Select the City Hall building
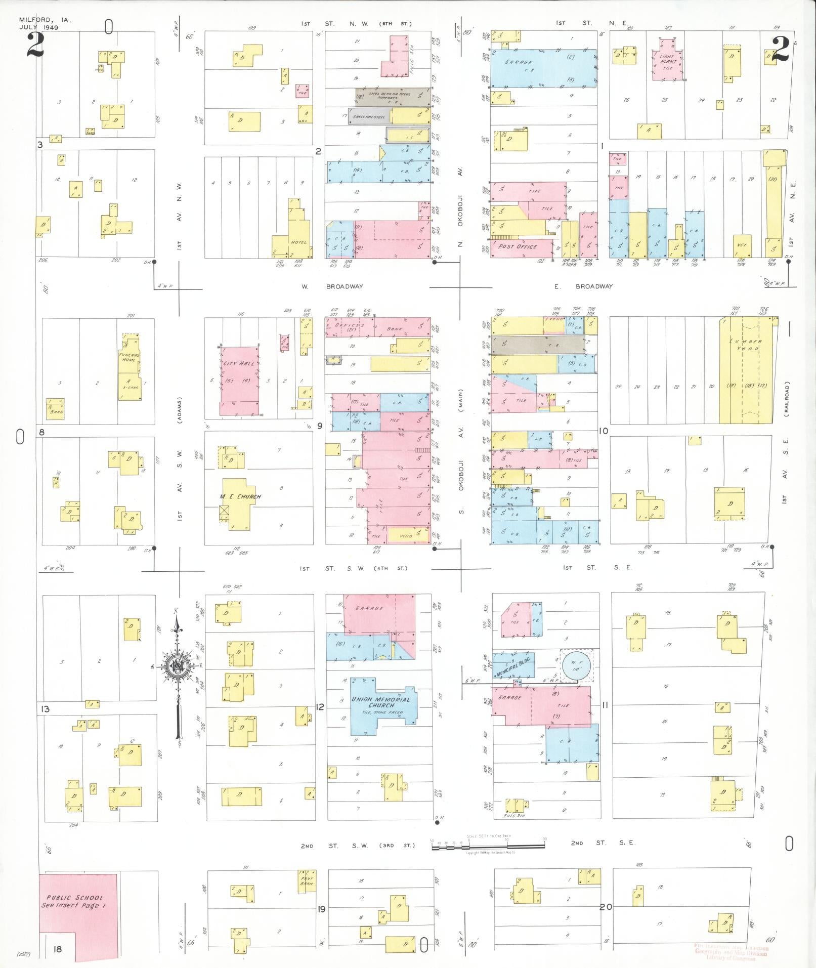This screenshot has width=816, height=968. pyautogui.click(x=239, y=382)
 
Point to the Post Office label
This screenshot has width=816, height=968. pyautogui.click(x=518, y=246)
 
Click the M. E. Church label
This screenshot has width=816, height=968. pyautogui.click(x=240, y=496)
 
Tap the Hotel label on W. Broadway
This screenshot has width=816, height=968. pyautogui.click(x=298, y=242)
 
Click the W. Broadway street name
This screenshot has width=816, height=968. pyautogui.click(x=332, y=286)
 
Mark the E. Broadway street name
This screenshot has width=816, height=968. pyautogui.click(x=583, y=286)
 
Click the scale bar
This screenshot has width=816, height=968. pyautogui.click(x=488, y=846)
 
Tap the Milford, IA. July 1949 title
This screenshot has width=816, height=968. pyautogui.click(x=45, y=24)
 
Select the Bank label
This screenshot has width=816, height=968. pyautogui.click(x=395, y=329)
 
